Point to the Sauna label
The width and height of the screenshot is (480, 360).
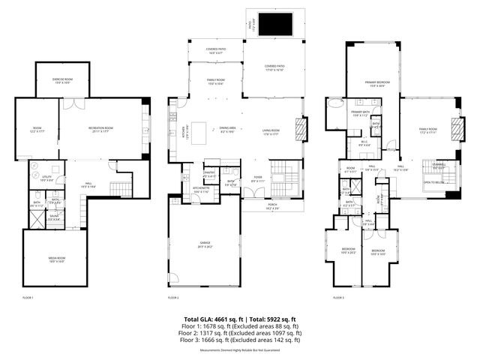click(54, 217)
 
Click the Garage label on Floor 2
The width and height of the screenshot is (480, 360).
click(204, 244)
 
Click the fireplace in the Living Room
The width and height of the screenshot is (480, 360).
click(301, 129)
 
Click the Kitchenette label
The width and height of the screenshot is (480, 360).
click(202, 190)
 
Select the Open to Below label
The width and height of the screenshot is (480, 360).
click(433, 182)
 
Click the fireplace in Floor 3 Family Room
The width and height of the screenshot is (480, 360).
click(454, 128)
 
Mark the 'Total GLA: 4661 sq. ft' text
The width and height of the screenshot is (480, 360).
click(211, 319)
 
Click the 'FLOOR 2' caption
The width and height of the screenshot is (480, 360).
click(173, 298)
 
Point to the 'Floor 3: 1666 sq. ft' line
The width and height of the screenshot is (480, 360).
click(240, 340)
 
